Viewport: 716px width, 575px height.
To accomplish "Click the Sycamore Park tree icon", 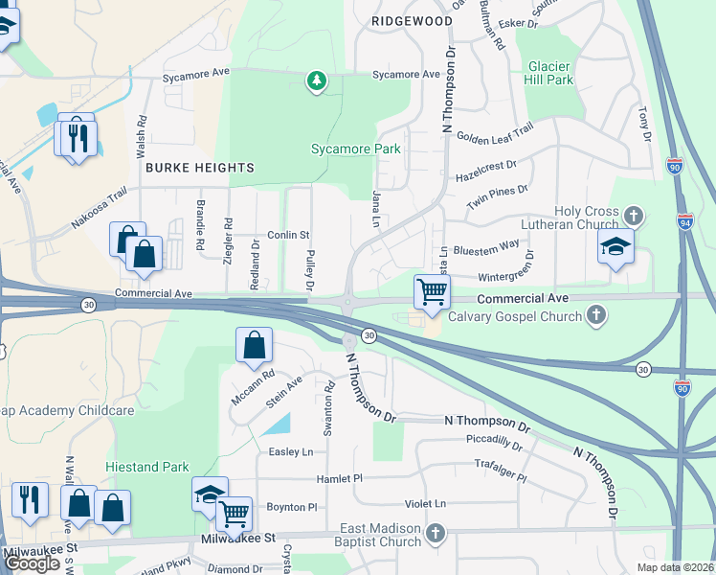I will pyautogui.click(x=316, y=81).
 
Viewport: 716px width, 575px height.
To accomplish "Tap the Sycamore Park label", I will pyautogui.click(x=356, y=149).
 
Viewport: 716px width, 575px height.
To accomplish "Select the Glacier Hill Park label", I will pyautogui.click(x=550, y=73).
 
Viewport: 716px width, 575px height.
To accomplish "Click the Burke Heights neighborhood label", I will pyautogui.click(x=200, y=167).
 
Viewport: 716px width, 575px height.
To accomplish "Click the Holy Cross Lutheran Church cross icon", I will pyautogui.click(x=632, y=214).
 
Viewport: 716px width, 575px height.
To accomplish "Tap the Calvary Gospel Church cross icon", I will pyautogui.click(x=596, y=315).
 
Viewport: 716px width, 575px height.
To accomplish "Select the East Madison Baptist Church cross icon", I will pyautogui.click(x=436, y=532).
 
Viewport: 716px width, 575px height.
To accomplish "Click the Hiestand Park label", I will pyautogui.click(x=147, y=467).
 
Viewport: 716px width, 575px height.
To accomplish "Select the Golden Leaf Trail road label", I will pyautogui.click(x=495, y=135).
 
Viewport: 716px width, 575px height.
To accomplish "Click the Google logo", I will pyautogui.click(x=32, y=563).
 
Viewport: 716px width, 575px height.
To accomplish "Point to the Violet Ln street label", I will pyautogui.click(x=425, y=503).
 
